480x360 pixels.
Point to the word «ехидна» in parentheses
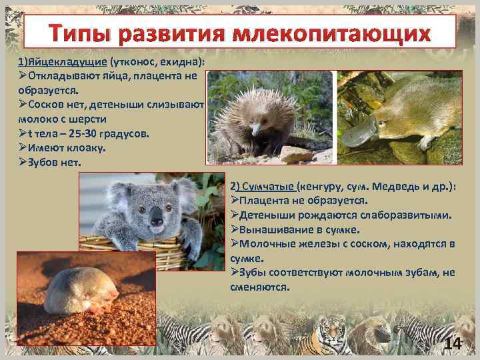click(x=180, y=61)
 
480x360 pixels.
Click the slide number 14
click(x=453, y=343)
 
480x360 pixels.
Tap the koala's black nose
click(x=157, y=216)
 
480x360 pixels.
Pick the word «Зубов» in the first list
click(x=44, y=162)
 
